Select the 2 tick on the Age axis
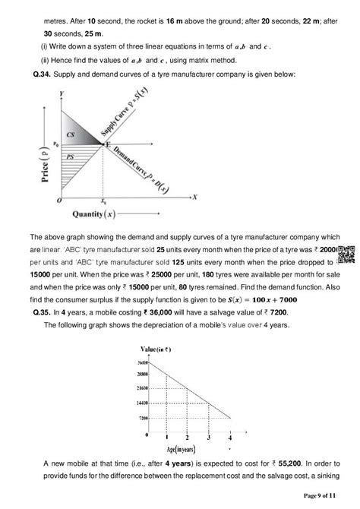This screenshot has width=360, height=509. click(187, 438)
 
